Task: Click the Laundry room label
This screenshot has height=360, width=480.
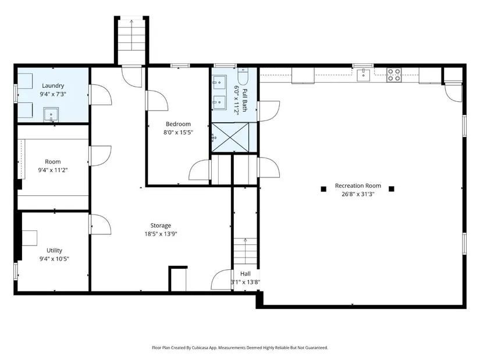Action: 53,85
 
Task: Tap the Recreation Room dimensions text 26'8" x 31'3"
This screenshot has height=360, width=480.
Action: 358,194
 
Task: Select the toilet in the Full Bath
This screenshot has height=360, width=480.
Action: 243,76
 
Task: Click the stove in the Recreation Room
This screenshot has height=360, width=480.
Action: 394,75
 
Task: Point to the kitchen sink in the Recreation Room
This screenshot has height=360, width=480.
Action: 364,75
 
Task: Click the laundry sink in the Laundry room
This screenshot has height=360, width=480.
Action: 51,115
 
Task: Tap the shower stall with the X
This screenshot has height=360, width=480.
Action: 230,137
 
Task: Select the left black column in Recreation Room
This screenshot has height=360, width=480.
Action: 323,189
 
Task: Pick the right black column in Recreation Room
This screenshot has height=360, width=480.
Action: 391,188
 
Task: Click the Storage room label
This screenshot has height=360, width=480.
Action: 161,226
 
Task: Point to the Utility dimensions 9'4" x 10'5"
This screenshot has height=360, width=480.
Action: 54,259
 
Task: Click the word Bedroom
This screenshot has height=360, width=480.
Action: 178,124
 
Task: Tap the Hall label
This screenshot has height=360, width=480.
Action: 245,274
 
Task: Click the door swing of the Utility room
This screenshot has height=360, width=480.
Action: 101,224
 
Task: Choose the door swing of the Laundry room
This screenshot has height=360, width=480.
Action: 101,95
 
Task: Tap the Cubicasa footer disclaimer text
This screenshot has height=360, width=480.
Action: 240,348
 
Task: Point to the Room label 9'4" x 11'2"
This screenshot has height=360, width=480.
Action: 52,166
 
